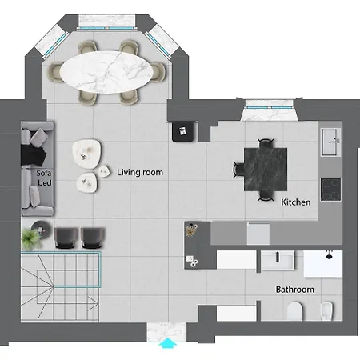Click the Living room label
(140, 172)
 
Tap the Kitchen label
(296, 202)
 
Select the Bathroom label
(294, 290)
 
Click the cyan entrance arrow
(168, 343)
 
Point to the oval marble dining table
(106, 72)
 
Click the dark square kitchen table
(266, 170)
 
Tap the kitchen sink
(330, 142)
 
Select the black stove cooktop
(330, 190)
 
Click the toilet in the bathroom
(295, 311)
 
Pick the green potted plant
(31, 239)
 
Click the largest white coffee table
(86, 154)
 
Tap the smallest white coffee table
(103, 171)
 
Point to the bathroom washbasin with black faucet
(278, 260)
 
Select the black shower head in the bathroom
(330, 256)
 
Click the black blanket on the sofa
(34, 155)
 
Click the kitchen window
(270, 107)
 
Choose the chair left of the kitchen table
(238, 169)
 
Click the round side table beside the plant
(42, 229)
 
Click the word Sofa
(44, 174)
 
